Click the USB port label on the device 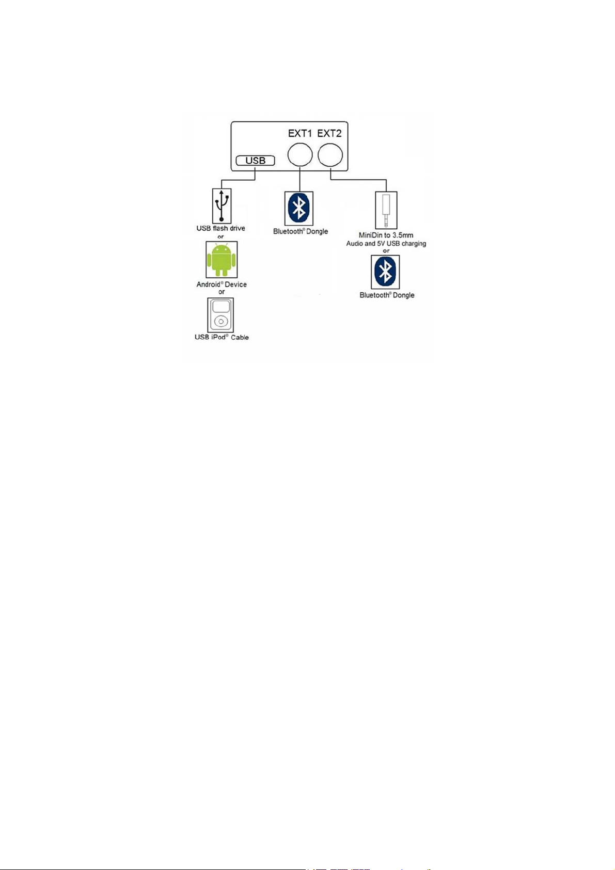(255, 161)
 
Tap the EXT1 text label (300, 134)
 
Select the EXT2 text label (329, 134)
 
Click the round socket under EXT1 (300, 154)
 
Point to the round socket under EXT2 (330, 155)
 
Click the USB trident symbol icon (222, 205)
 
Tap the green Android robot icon (222, 259)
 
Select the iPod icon (220, 315)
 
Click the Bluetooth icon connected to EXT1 (299, 208)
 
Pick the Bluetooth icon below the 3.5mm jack (385, 272)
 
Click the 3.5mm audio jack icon (386, 210)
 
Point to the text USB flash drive (220, 228)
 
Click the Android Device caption (222, 284)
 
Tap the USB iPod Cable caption (222, 337)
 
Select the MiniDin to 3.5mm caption (386, 235)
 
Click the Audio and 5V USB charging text (386, 244)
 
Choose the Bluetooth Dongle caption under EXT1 (301, 231)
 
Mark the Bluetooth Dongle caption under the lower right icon (387, 295)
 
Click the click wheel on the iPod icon (220, 322)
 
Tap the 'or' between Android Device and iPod (222, 292)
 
